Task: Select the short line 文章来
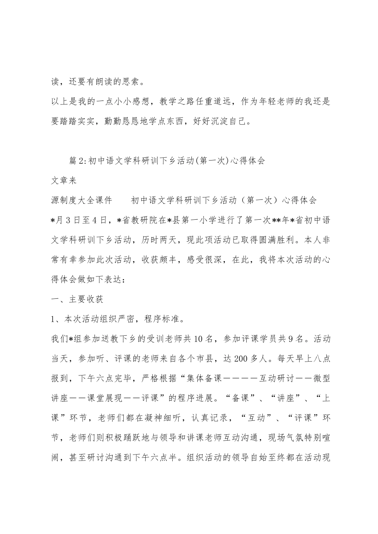(64, 180)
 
